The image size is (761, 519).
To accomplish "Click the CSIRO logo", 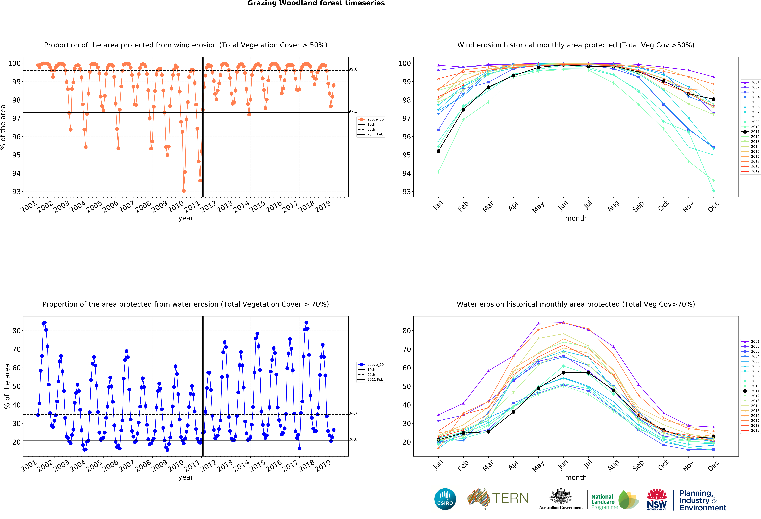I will (x=445, y=499).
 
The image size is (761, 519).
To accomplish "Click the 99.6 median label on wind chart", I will (x=353, y=69).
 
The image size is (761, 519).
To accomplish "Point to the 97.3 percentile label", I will (x=353, y=111).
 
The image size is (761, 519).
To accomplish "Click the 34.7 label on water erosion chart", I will (x=353, y=413).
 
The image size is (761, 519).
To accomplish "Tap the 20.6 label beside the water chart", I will (x=353, y=439).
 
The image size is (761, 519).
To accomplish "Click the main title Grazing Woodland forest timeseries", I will (x=316, y=3).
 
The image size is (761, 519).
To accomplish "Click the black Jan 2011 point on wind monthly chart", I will (x=438, y=151).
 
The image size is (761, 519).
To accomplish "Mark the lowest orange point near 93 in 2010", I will (x=184, y=191).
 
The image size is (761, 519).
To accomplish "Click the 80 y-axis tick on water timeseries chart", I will (x=16, y=331).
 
